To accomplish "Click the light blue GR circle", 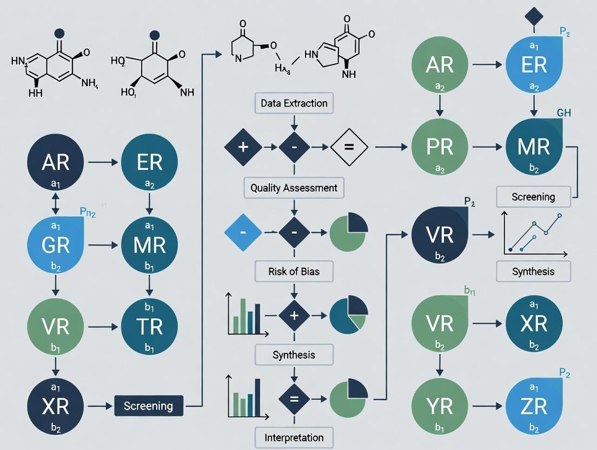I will coord(56,244).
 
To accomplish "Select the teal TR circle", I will coord(149,327).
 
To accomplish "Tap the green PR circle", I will coord(439,147).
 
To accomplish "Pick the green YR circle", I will coord(439,407).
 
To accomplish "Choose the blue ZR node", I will coord(534,407).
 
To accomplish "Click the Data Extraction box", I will coord(294,103).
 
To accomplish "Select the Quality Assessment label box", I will coord(294,188).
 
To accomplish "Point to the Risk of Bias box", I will coord(294,272).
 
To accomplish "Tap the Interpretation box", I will coord(294,438).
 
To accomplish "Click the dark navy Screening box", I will coord(148,406).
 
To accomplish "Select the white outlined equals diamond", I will coord(349,147).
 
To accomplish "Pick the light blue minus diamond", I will coord(243,233).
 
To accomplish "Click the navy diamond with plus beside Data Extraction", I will coord(243,147).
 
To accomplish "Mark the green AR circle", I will coord(439,64).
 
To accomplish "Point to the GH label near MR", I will coord(563,113).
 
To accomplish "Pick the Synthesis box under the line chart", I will coord(533,272).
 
